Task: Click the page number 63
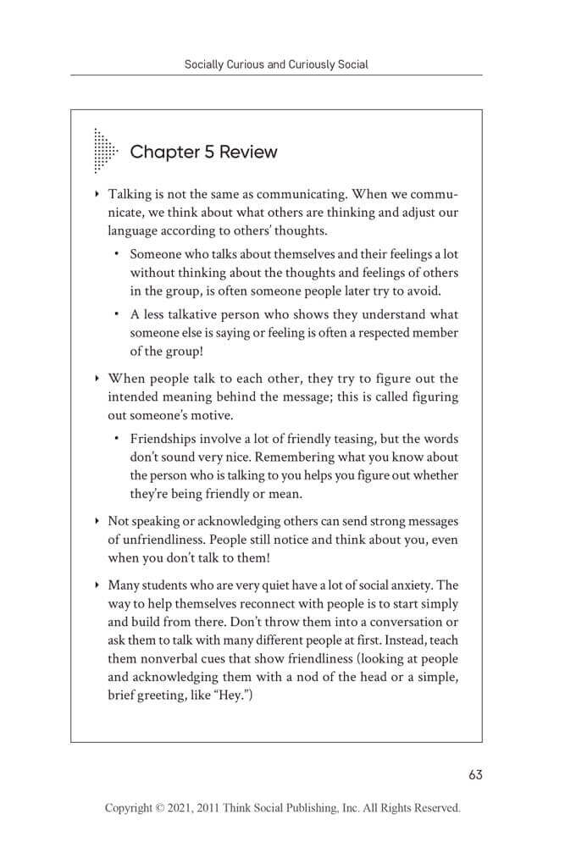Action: [474, 773]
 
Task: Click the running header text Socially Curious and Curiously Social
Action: [276, 64]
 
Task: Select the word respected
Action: [383, 331]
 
